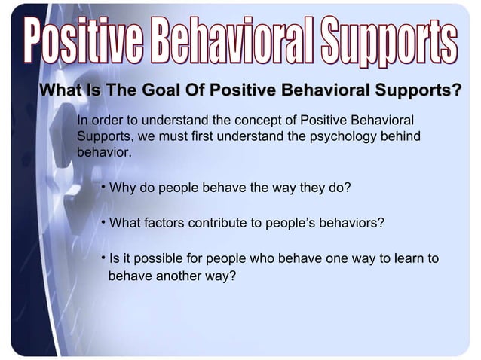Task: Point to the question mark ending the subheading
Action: click(x=457, y=92)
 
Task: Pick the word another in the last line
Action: click(x=178, y=276)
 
